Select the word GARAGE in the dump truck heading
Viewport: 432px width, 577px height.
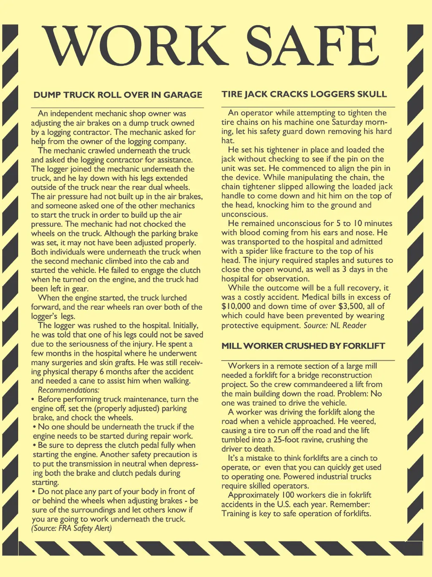coord(183,95)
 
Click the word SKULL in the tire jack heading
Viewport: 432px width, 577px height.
coord(371,94)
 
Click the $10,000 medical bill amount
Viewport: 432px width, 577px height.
coord(236,307)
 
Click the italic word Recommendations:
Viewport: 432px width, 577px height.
coord(68,390)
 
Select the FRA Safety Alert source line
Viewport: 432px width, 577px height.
coord(71,528)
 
